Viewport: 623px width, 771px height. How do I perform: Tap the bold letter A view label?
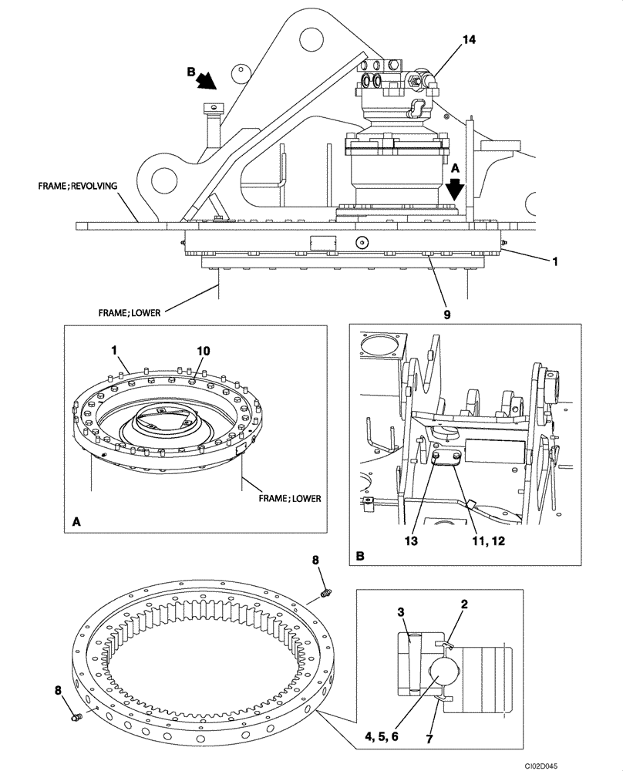pyautogui.click(x=76, y=522)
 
